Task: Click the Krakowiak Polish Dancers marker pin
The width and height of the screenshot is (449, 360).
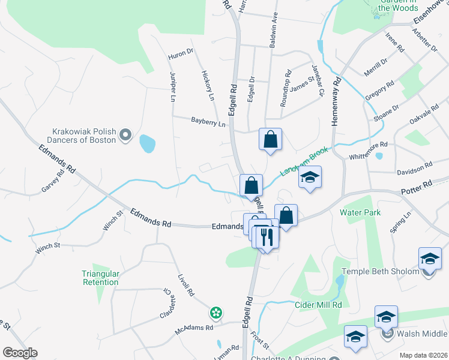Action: (x=125, y=136)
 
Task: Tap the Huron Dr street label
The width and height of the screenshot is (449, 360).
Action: (x=181, y=52)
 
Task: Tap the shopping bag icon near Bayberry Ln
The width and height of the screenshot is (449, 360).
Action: (x=271, y=139)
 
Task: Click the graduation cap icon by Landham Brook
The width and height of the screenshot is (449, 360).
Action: (x=310, y=178)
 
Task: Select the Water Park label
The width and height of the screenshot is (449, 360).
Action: (x=360, y=212)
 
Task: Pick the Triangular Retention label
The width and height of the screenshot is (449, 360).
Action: (x=101, y=278)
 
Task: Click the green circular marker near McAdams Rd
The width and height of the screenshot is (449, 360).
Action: (x=215, y=313)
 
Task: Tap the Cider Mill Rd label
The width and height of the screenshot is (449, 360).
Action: (x=318, y=305)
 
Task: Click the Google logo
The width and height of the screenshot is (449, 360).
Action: (x=20, y=353)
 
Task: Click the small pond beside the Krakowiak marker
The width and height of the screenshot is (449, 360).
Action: (x=147, y=143)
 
